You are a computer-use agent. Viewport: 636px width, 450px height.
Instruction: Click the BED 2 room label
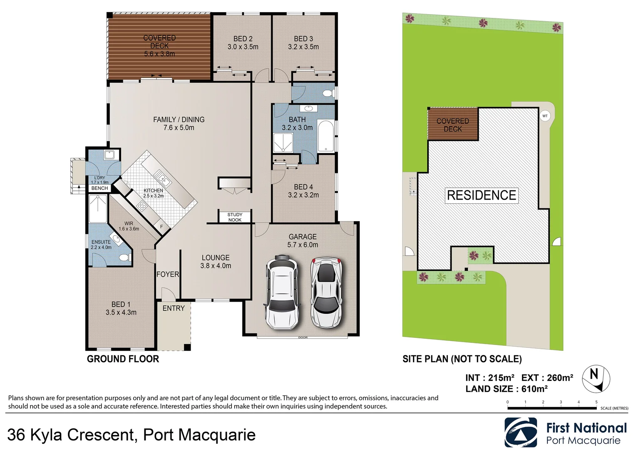coord(243,39)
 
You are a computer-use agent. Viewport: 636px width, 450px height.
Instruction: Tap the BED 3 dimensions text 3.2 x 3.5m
coord(303,47)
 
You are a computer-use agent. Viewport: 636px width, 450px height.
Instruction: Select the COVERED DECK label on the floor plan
coord(159,42)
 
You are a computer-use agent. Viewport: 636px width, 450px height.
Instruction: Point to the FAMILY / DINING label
coord(179,120)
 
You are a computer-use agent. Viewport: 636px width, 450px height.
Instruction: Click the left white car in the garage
coord(282,292)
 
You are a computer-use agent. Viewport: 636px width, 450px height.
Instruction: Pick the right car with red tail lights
coord(327,292)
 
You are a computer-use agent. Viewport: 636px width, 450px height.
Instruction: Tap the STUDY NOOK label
coord(235,217)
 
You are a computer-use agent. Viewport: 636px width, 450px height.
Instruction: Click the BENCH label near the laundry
coord(99,188)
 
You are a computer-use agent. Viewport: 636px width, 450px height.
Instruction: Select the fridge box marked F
coord(162,227)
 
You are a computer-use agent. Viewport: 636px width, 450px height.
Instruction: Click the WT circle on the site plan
coord(545,116)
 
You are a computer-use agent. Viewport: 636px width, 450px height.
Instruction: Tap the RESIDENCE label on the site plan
coord(482,195)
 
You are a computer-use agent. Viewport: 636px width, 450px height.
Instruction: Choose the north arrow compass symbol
coord(596,379)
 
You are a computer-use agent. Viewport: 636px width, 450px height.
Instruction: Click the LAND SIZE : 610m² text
coord(506,389)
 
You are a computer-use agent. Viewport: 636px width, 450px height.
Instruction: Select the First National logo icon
coord(521,432)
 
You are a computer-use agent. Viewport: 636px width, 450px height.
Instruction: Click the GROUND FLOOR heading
coord(123,359)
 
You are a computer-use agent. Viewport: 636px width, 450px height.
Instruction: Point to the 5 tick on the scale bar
coord(596,402)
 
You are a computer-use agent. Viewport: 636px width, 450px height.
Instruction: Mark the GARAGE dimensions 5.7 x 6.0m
coord(303,245)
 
